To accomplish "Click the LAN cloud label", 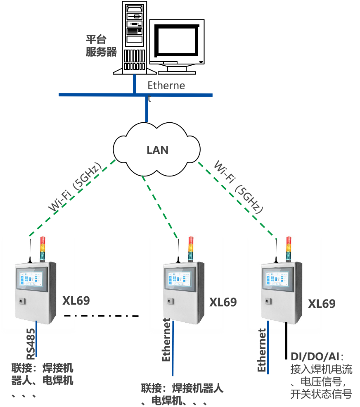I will pyautogui.click(x=157, y=150).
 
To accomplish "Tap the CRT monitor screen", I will pyautogui.click(x=176, y=41).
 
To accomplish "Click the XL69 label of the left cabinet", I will pyautogui.click(x=76, y=300).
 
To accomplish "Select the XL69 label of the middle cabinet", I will pyautogui.click(x=223, y=302).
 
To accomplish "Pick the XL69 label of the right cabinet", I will pyautogui.click(x=322, y=304).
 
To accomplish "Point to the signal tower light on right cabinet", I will pyautogui.click(x=289, y=249).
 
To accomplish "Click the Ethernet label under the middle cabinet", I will pyautogui.click(x=166, y=340).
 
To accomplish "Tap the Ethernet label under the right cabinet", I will pyautogui.click(x=262, y=350).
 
